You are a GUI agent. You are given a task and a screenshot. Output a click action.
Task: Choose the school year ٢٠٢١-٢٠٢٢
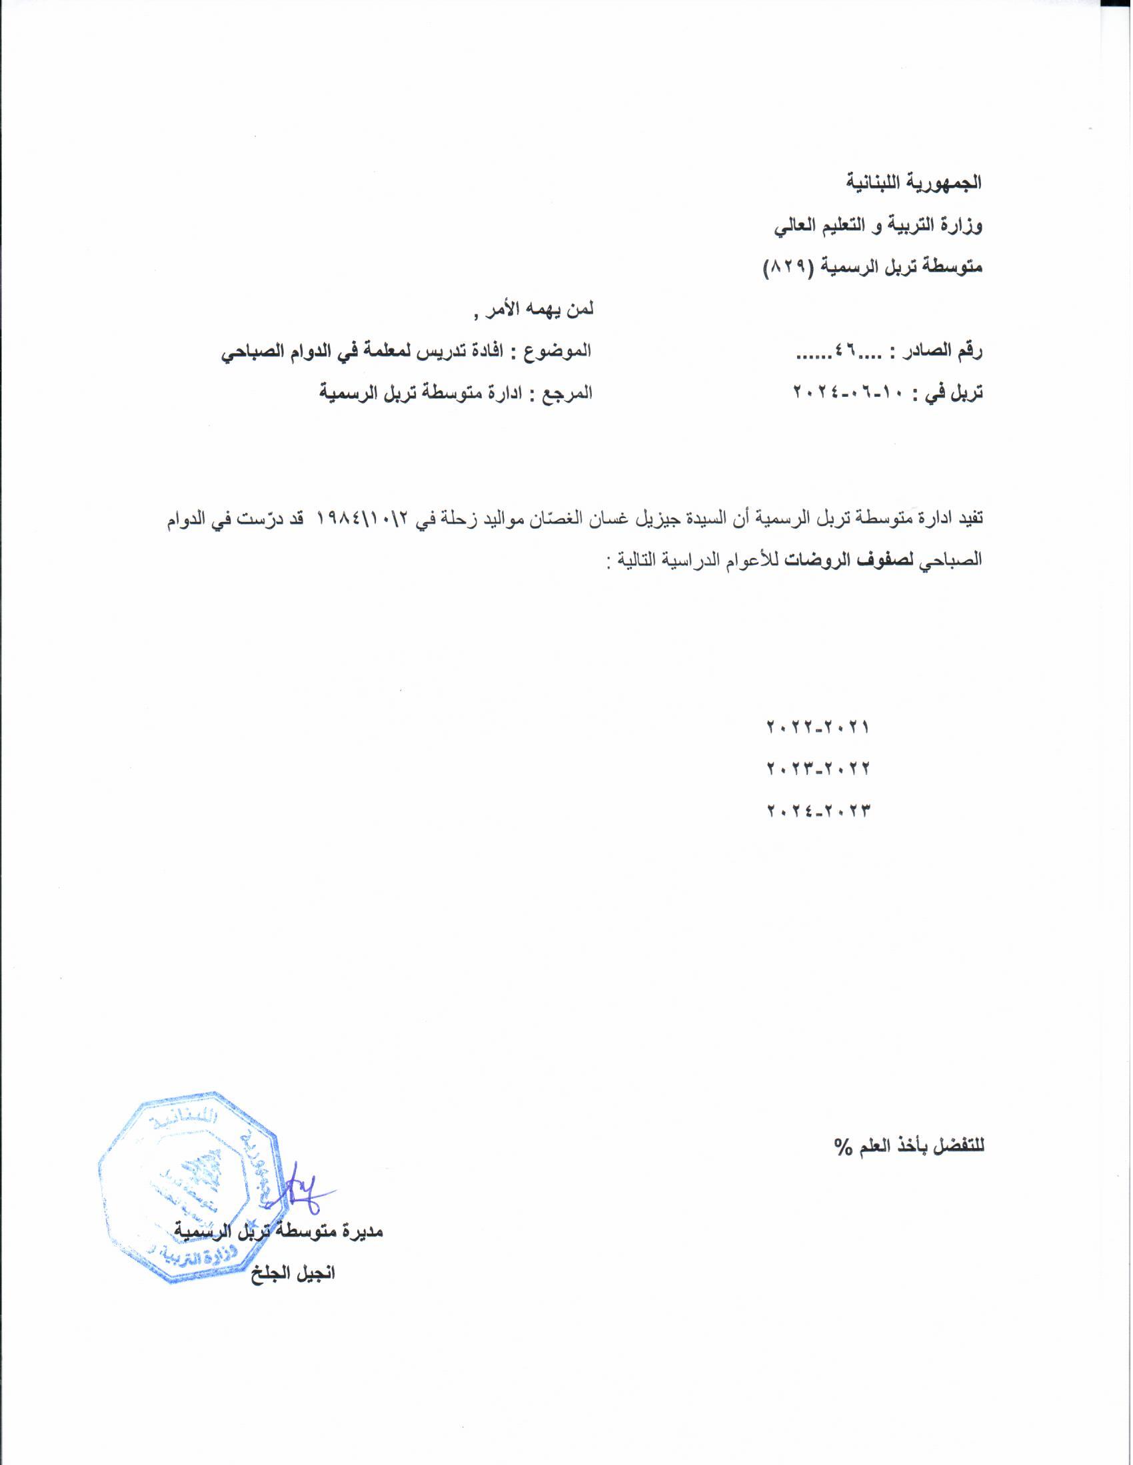(817, 727)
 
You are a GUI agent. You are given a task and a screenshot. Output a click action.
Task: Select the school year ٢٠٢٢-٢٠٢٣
(817, 768)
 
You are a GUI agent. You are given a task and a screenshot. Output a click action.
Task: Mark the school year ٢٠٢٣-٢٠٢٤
(817, 810)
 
